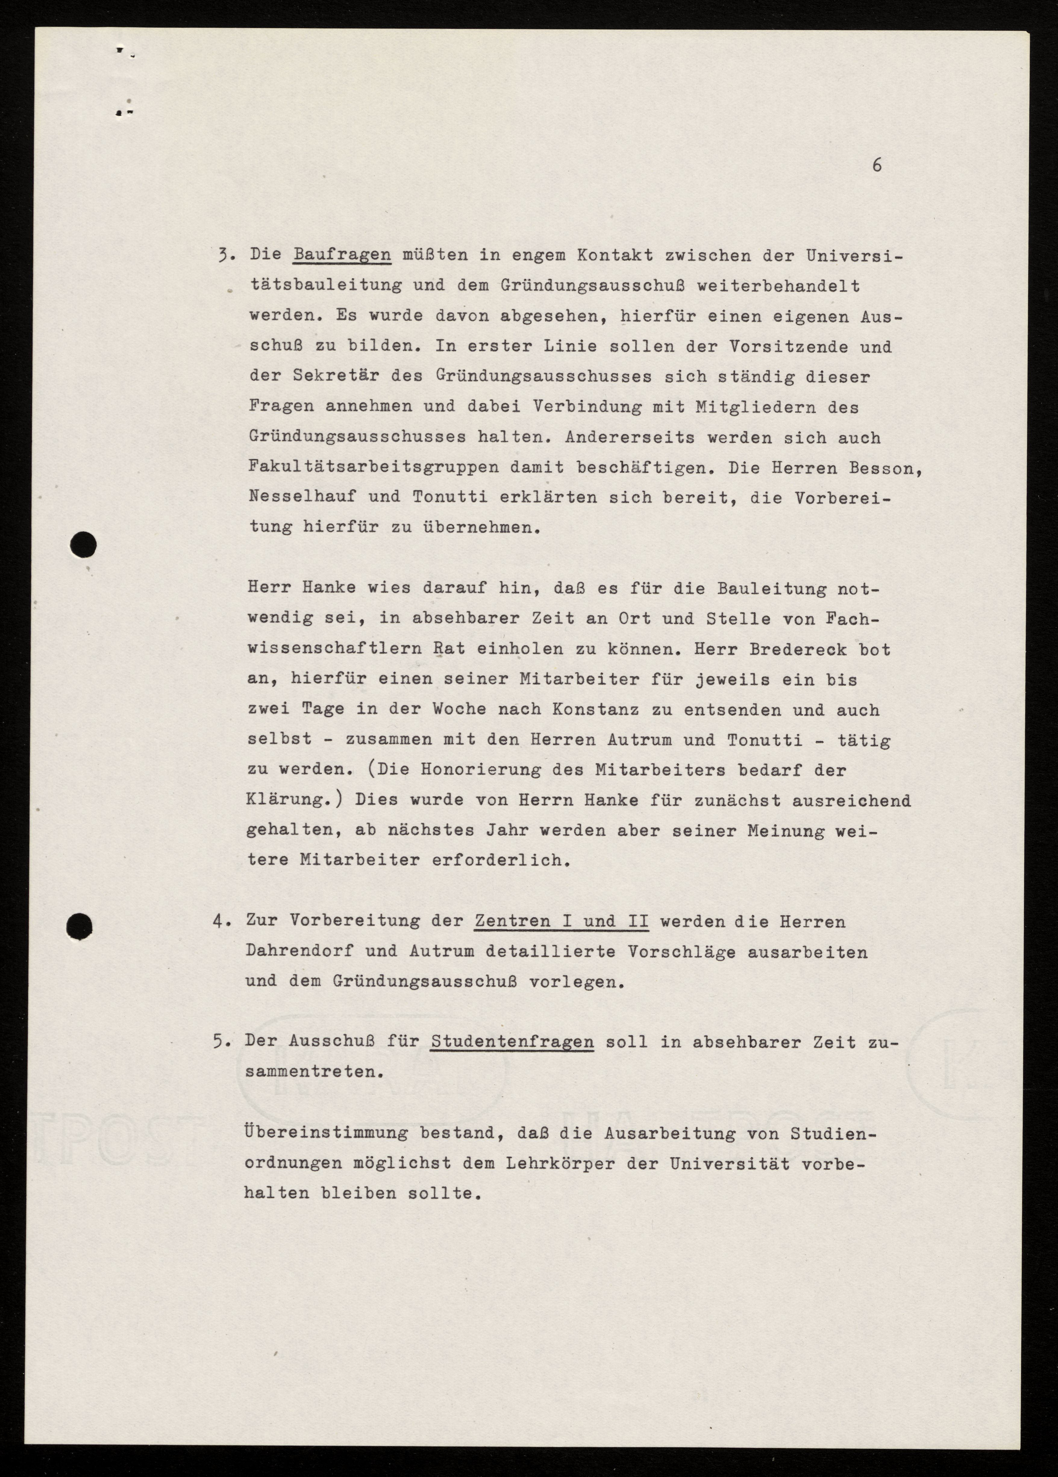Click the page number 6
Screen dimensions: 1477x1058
click(877, 165)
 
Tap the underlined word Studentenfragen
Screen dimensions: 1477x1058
click(512, 1041)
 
